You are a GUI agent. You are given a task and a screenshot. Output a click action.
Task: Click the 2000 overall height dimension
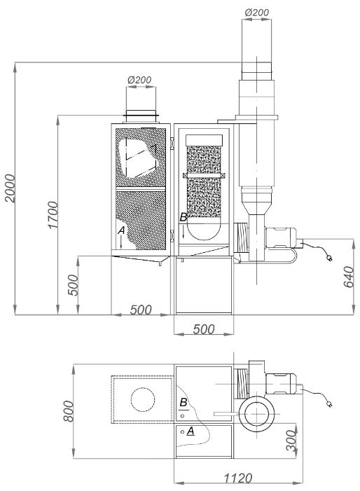[10, 188]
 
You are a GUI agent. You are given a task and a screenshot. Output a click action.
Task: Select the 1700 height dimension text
[53, 215]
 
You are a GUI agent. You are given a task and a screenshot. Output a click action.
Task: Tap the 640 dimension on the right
[348, 277]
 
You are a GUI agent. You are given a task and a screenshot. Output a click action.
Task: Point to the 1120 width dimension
[237, 478]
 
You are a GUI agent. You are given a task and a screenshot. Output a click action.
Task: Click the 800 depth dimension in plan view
[68, 411]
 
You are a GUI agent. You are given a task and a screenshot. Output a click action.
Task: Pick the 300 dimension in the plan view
[291, 441]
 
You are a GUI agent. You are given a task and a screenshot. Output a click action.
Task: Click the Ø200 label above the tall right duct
[257, 13]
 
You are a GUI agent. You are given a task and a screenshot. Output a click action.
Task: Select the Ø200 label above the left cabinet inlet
[139, 80]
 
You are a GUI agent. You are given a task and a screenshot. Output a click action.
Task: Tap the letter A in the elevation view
[121, 230]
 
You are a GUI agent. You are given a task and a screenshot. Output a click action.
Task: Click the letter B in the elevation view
[184, 217]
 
